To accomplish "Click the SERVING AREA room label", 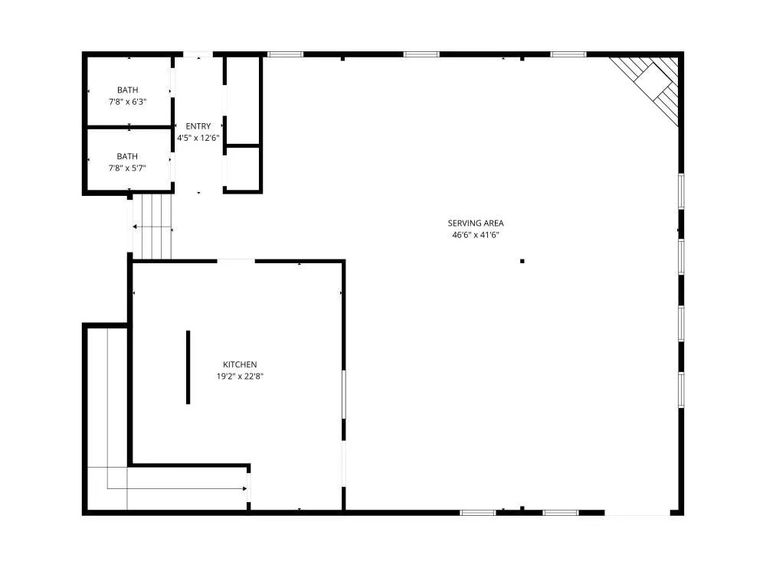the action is click(476, 223).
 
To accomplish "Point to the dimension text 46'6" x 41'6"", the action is click(476, 235).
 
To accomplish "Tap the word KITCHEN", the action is click(240, 364).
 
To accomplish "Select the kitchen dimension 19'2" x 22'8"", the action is click(240, 377).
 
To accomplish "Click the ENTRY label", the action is click(198, 126).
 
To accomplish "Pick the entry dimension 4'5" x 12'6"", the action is click(198, 138).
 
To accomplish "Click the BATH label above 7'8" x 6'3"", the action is click(127, 90).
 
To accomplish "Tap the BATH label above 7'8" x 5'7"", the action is click(127, 157).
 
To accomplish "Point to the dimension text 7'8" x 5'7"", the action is click(127, 168).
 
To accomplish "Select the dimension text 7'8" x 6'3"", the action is click(127, 102).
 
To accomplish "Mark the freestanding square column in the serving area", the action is click(522, 261).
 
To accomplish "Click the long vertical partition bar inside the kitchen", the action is click(188, 367).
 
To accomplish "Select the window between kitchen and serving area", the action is click(343, 394).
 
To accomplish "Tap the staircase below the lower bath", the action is click(152, 227).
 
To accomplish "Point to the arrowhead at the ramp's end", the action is click(245, 488).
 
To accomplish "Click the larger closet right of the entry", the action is click(243, 101).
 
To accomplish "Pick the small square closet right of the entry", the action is click(243, 168).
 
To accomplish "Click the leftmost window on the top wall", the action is click(285, 54).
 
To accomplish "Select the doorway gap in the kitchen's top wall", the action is click(236, 261).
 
